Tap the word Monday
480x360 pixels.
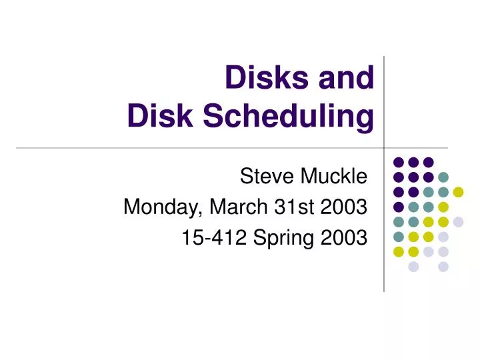[163, 207]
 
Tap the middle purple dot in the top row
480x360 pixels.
[413, 162]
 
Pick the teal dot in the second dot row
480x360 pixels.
[443, 177]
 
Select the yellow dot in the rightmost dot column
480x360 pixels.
[458, 192]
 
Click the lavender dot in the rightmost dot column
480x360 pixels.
[458, 222]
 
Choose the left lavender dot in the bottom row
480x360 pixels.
[413, 267]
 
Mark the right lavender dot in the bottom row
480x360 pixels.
[443, 267]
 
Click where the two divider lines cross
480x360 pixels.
[384, 148]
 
